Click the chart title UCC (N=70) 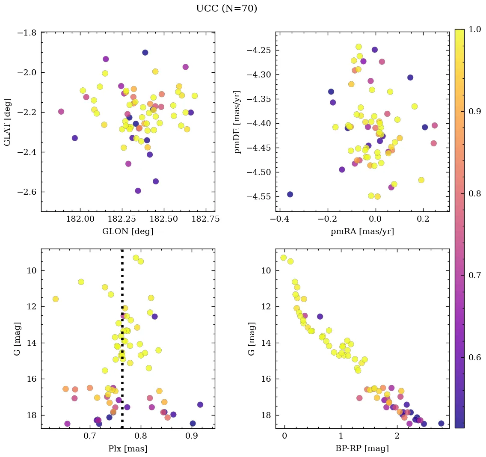[226, 9]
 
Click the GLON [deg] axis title [127, 231]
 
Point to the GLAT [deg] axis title [8, 122]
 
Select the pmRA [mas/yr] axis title [362, 231]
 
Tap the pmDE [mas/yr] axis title [237, 122]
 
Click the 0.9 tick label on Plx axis [191, 437]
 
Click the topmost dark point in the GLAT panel [145, 53]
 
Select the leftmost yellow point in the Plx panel [55, 299]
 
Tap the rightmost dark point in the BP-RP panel [441, 423]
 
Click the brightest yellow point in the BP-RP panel [283, 258]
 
